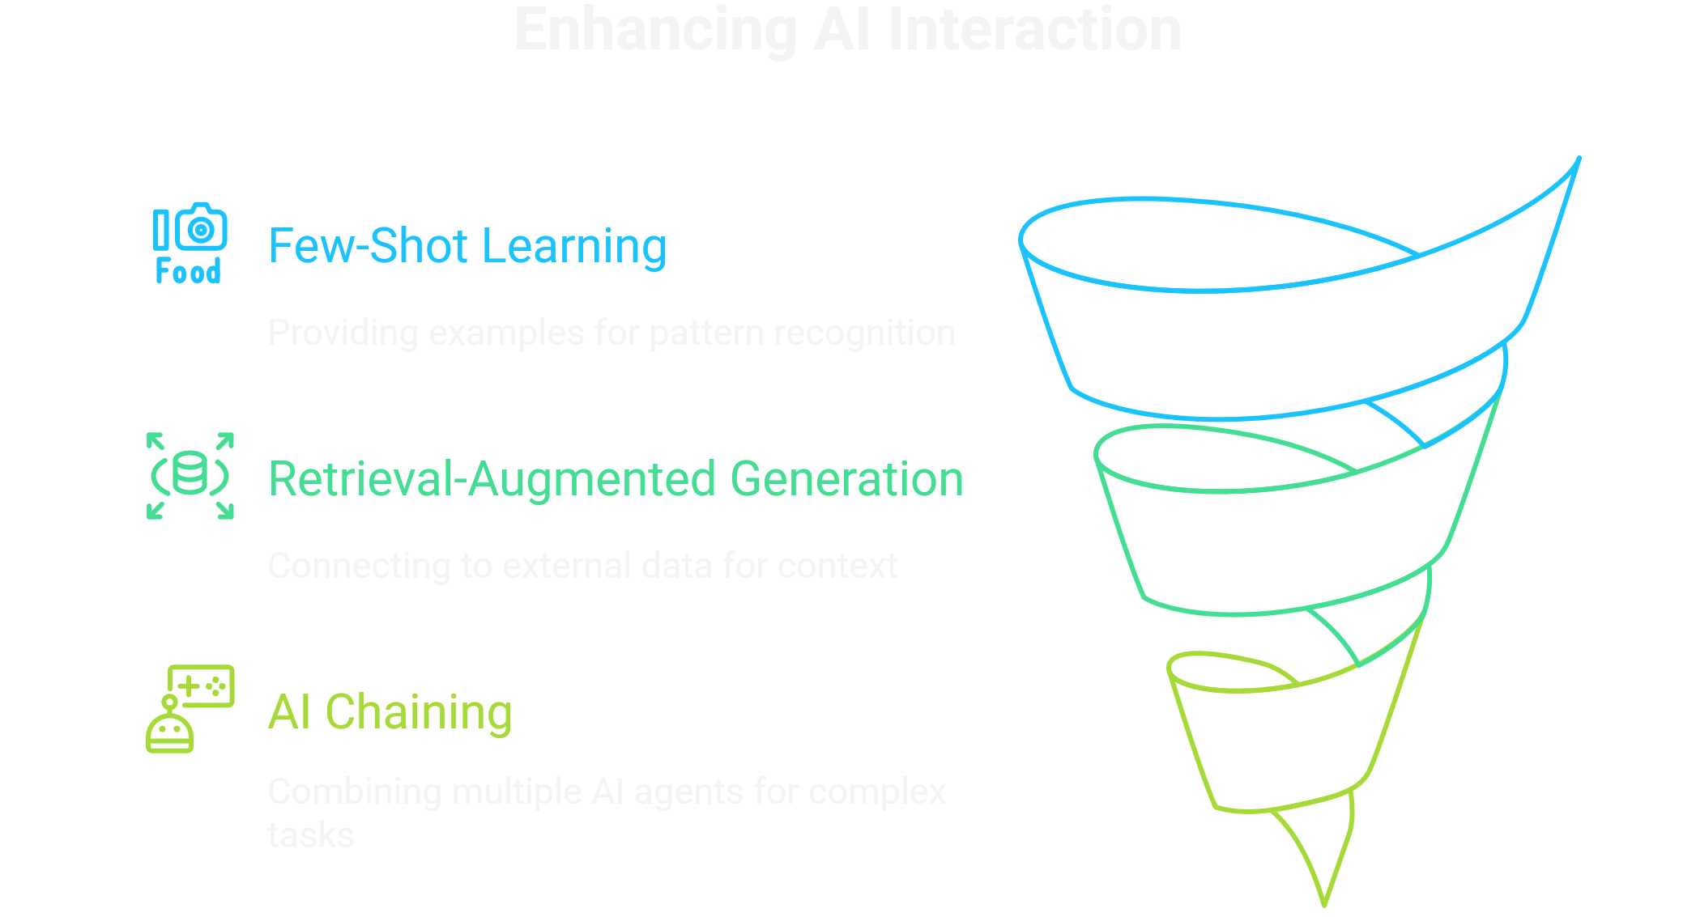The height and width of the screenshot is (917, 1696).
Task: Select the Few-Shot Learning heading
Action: click(467, 246)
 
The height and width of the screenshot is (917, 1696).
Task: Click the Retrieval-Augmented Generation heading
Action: click(616, 478)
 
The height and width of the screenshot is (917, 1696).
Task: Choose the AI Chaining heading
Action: click(390, 712)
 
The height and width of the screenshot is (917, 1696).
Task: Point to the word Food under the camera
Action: click(188, 272)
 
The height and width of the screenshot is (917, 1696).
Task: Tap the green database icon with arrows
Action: click(190, 475)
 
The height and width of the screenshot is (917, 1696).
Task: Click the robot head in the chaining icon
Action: click(170, 728)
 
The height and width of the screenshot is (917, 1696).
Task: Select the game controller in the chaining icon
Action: click(202, 686)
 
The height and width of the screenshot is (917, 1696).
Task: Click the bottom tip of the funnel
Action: click(1324, 902)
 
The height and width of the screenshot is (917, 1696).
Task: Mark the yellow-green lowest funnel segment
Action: click(1288, 745)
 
